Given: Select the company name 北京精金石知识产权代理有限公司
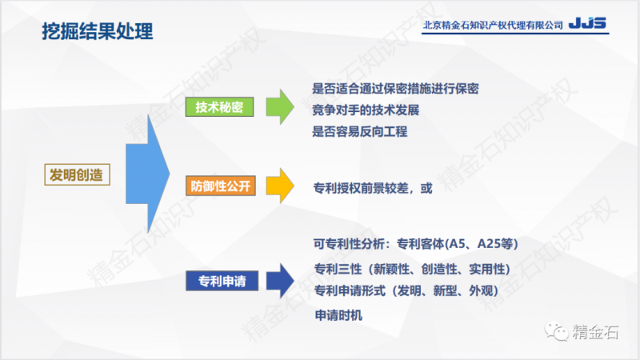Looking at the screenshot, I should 493,26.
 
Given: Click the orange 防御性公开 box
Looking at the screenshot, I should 220,186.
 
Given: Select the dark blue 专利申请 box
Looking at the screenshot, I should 221,281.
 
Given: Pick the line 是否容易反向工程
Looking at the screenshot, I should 359,132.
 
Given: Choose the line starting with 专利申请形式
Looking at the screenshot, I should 407,290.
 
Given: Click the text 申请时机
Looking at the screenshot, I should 338,315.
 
